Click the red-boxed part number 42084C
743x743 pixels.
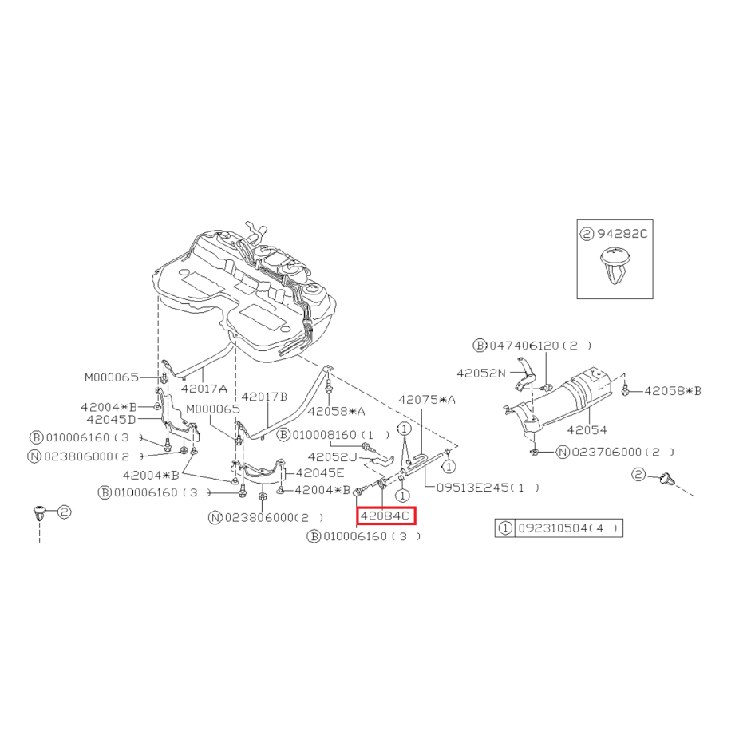click(x=385, y=516)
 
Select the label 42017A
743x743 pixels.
click(x=204, y=389)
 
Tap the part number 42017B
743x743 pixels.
click(x=264, y=397)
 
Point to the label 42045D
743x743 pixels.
click(x=112, y=419)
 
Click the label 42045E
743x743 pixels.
click(x=320, y=473)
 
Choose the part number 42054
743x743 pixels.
click(x=587, y=430)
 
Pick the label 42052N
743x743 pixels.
click(x=481, y=373)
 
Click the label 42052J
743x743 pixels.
click(x=333, y=456)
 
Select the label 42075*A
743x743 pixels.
click(x=426, y=400)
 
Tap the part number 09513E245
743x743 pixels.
click(x=472, y=487)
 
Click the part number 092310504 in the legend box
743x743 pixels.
click(x=553, y=528)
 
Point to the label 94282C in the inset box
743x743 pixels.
click(x=622, y=234)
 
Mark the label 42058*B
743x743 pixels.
click(x=673, y=391)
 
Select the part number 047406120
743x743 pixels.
click(x=524, y=346)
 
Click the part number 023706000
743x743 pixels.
click(x=607, y=452)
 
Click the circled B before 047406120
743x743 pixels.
click(x=480, y=346)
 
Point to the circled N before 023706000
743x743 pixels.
click(x=563, y=452)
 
